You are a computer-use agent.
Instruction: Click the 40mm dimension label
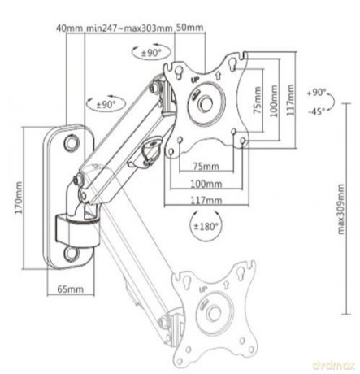[x=69, y=28]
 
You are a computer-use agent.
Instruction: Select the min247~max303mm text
[x=129, y=28]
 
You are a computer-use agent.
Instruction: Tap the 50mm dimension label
[x=189, y=28]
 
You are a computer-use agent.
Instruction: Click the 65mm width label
[x=71, y=289]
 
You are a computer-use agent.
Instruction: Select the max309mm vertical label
[x=340, y=209]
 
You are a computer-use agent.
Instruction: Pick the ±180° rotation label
[x=206, y=226]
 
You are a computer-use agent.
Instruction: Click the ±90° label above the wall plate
[x=106, y=104]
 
